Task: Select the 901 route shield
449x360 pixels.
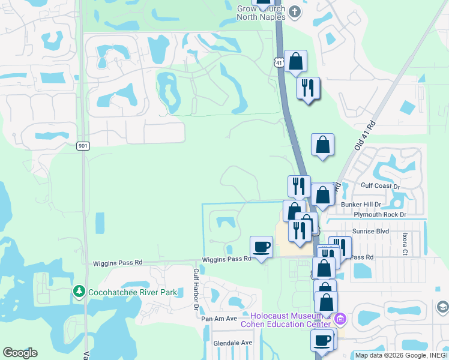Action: [83, 145]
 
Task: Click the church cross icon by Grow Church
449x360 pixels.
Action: [294, 11]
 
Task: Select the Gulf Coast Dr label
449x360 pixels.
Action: [379, 186]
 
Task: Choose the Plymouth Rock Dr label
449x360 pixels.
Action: [380, 214]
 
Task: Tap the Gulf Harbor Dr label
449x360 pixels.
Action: [196, 289]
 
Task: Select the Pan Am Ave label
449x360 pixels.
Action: [219, 319]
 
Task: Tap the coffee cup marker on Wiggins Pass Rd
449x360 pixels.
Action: [261, 247]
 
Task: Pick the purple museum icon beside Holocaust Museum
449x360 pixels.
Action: [341, 318]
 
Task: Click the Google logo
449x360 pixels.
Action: [20, 353]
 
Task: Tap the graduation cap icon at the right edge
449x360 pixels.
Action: [442, 308]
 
